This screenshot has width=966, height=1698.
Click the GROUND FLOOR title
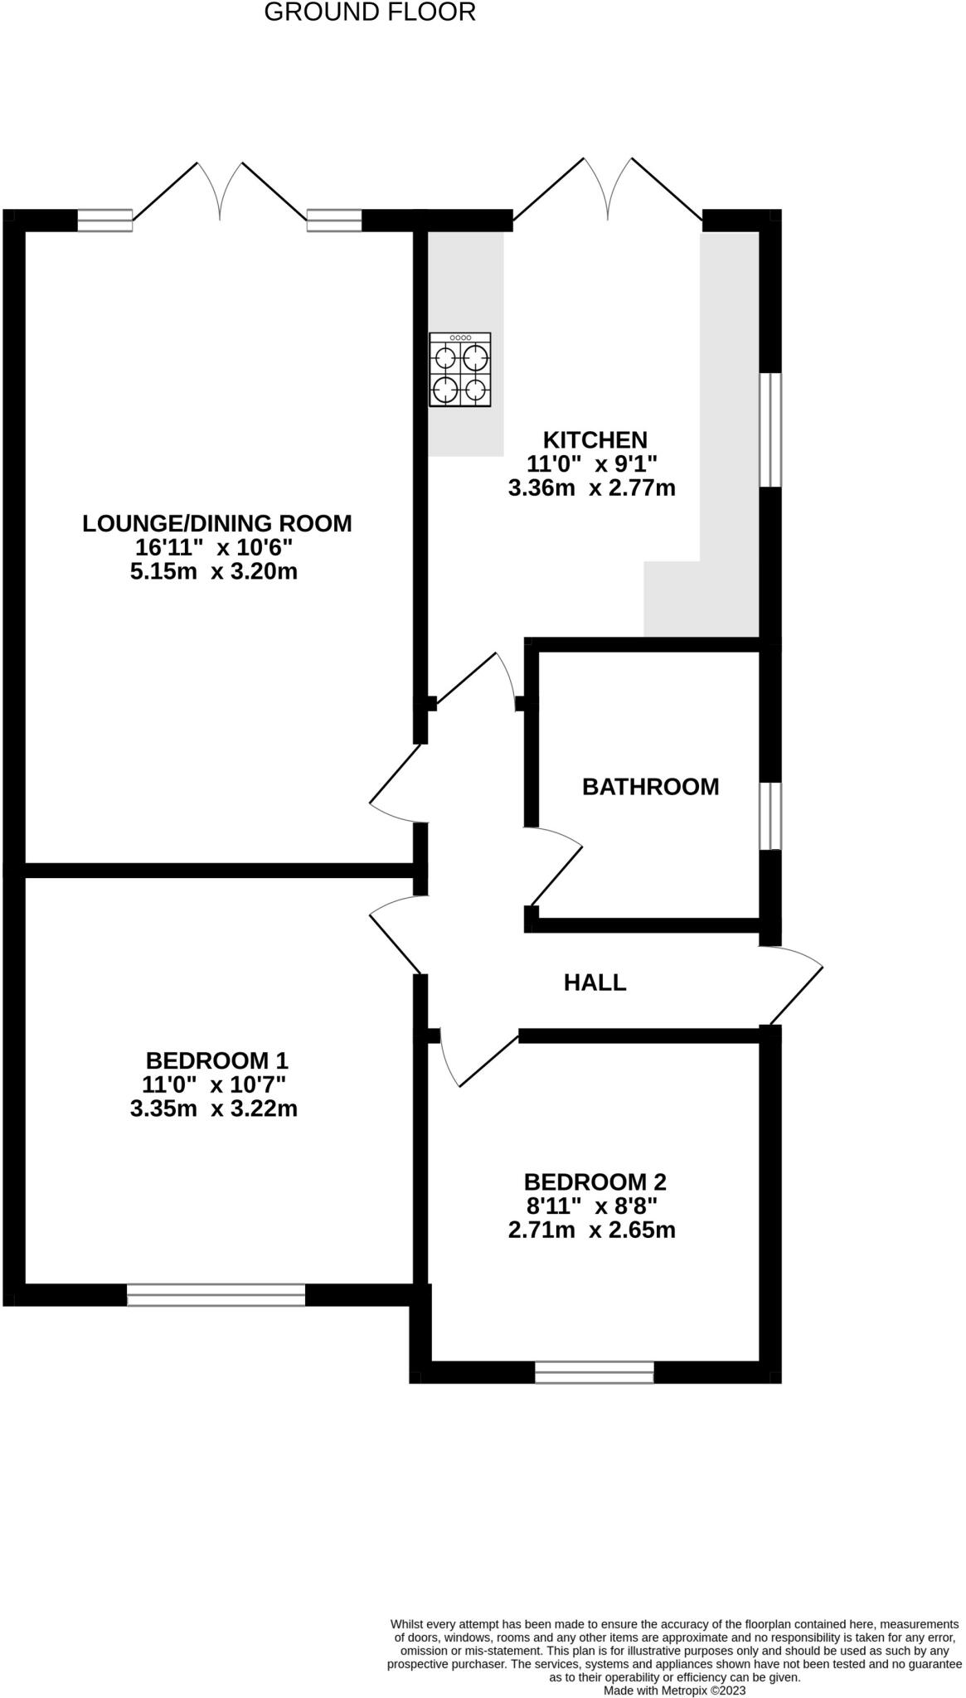pyautogui.click(x=370, y=12)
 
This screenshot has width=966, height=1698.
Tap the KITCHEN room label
pyautogui.click(x=594, y=439)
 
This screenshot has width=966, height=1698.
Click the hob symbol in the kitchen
pyautogui.click(x=460, y=370)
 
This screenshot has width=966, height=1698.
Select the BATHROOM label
pyautogui.click(x=650, y=787)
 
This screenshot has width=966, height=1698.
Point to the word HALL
pyautogui.click(x=595, y=983)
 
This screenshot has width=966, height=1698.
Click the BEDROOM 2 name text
pyautogui.click(x=595, y=1182)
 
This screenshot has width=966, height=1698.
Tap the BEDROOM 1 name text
pyautogui.click(x=216, y=1060)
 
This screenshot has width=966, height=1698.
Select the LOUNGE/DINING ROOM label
pyautogui.click(x=217, y=524)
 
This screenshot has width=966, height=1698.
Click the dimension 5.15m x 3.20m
pyautogui.click(x=214, y=572)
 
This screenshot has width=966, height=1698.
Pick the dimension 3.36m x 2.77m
pyautogui.click(x=591, y=488)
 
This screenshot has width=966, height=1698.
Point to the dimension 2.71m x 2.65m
pyautogui.click(x=591, y=1230)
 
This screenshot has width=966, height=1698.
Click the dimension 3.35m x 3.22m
pyautogui.click(x=214, y=1109)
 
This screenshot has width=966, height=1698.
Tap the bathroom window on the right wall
pyautogui.click(x=770, y=816)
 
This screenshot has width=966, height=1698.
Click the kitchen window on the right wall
pyautogui.click(x=770, y=429)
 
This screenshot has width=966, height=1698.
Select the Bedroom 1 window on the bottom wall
pyautogui.click(x=216, y=1295)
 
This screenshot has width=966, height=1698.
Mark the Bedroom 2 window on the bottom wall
pyautogui.click(x=594, y=1372)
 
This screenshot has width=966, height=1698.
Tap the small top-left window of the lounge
pyautogui.click(x=104, y=220)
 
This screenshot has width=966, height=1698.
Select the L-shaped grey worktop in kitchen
pyautogui.click(x=728, y=464)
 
